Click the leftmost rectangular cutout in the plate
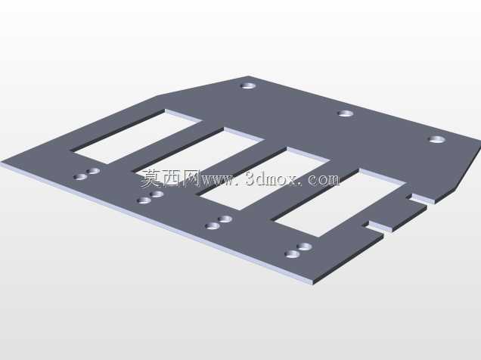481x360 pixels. point(136,136)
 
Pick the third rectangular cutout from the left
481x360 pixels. point(264,179)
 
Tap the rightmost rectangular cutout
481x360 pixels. point(339,203)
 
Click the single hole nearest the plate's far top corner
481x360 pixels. point(248,85)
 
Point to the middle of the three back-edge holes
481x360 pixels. point(346,113)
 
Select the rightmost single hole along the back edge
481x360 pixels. point(437,139)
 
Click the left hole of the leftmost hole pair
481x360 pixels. point(81,177)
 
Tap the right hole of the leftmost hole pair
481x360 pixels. point(93,171)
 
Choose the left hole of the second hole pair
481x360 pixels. point(144,200)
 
